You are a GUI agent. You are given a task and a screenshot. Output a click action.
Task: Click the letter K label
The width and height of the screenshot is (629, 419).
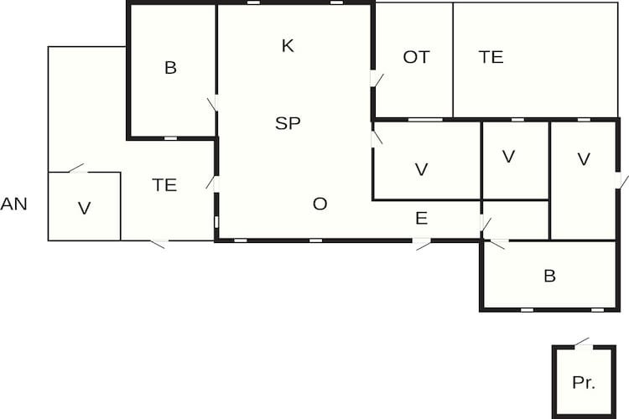tap(288, 46)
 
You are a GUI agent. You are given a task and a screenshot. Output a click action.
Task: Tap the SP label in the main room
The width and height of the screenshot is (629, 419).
tap(288, 123)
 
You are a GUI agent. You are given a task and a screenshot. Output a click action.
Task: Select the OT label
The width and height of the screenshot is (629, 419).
tap(416, 57)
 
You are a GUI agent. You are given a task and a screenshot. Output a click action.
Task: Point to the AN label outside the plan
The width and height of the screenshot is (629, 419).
tap(13, 204)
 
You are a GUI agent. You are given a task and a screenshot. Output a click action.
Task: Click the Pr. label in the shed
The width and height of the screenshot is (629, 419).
tap(584, 382)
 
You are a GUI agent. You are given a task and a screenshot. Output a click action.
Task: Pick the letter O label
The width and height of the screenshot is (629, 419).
tap(320, 204)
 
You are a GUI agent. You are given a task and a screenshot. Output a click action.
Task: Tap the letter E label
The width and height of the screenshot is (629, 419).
tap(421, 219)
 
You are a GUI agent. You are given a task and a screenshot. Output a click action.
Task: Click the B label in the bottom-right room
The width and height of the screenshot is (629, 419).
tap(549, 276)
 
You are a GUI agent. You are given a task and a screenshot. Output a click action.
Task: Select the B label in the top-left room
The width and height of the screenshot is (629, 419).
tap(170, 67)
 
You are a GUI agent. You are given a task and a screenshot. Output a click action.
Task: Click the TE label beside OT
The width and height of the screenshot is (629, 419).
tap(491, 57)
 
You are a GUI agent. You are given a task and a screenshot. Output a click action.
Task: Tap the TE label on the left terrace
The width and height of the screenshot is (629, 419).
tap(164, 185)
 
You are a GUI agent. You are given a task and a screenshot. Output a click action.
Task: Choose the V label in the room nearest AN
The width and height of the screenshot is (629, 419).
tap(84, 209)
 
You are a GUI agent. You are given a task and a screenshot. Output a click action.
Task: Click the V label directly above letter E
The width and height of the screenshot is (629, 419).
tap(421, 169)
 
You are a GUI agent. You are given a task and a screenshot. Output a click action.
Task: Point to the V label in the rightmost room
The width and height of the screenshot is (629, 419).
tap(584, 159)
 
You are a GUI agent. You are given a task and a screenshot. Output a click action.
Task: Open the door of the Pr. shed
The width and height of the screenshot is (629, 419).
tap(584, 346)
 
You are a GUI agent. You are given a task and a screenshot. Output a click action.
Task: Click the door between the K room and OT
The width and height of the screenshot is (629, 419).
tap(374, 79)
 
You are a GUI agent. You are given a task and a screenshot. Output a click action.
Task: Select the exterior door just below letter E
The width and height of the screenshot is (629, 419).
tap(422, 241)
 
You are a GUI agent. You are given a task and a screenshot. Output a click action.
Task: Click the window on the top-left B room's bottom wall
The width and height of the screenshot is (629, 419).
tap(170, 138)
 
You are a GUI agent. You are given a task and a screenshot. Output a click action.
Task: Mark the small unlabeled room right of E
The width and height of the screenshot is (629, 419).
tap(516, 220)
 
